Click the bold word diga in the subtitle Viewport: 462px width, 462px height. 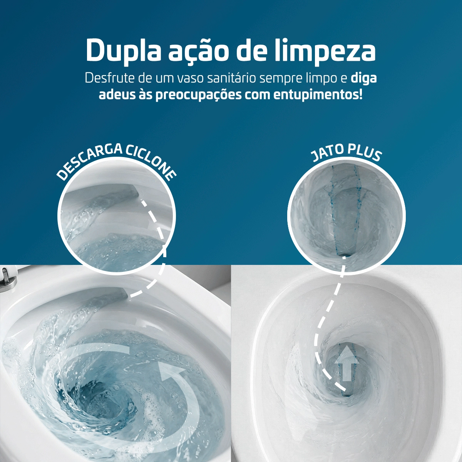click(363, 78)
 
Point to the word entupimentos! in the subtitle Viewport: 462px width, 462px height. click(318, 95)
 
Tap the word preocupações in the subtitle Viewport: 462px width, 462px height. click(198, 95)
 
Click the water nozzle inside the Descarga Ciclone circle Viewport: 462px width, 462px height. click(127, 192)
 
